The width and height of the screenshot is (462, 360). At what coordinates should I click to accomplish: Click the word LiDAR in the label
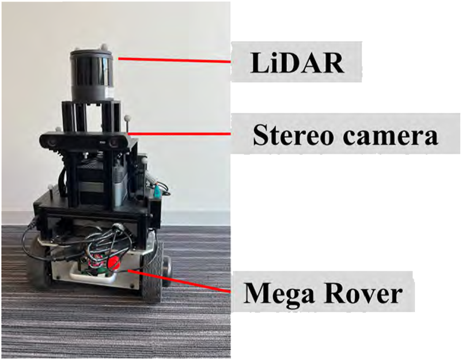297,63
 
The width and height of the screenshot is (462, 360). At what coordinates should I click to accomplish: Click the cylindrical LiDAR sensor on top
93,74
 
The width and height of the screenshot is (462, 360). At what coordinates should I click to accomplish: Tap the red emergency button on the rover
113,264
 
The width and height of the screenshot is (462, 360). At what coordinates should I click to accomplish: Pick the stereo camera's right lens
115,142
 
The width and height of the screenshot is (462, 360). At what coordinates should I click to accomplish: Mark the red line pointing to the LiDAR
173,60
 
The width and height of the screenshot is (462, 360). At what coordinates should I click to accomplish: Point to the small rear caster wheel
168,267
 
